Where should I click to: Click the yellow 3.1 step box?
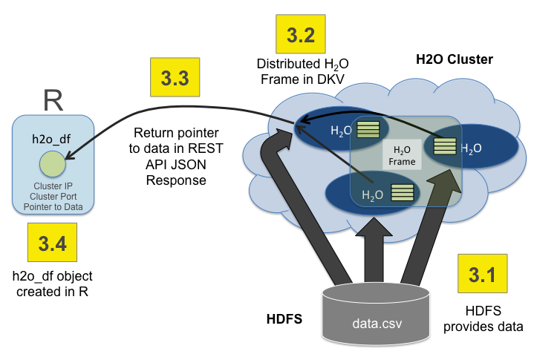pos(483,275)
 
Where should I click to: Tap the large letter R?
pos(52,99)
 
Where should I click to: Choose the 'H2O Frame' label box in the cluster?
pos(402,154)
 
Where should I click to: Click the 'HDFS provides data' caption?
pos(483,320)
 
